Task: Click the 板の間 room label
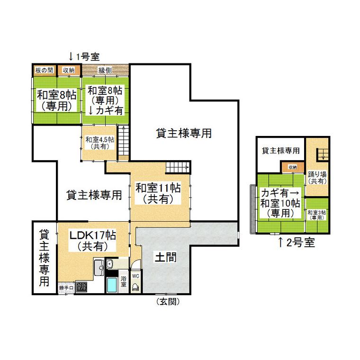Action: click(44, 70)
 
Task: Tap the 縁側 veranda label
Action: click(105, 70)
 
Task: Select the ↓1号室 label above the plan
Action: click(84, 57)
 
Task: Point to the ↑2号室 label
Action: click(297, 243)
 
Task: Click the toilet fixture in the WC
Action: click(135, 287)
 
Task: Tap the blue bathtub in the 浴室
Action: click(112, 285)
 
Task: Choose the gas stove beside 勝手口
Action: click(81, 287)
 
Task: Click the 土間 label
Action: click(166, 257)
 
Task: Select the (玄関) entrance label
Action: click(168, 301)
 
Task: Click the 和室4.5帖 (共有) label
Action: click(100, 143)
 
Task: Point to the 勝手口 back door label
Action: click(66, 288)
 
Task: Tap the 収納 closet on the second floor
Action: click(293, 167)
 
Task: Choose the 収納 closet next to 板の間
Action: click(69, 70)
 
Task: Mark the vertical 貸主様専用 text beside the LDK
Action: click(44, 258)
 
